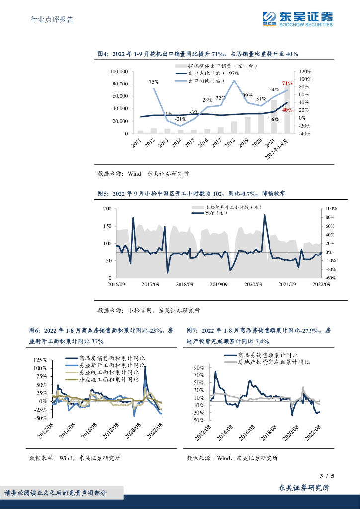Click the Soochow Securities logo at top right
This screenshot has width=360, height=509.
297,18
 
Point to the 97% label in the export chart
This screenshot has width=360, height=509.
234,74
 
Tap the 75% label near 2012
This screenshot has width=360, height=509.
154,82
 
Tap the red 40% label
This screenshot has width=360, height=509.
286,110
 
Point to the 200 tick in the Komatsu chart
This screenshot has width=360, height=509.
107,209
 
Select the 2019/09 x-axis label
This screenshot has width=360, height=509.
218,284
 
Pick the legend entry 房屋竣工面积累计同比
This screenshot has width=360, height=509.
106,372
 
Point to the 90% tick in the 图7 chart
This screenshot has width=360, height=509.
198,368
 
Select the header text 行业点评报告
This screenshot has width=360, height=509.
52,20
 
